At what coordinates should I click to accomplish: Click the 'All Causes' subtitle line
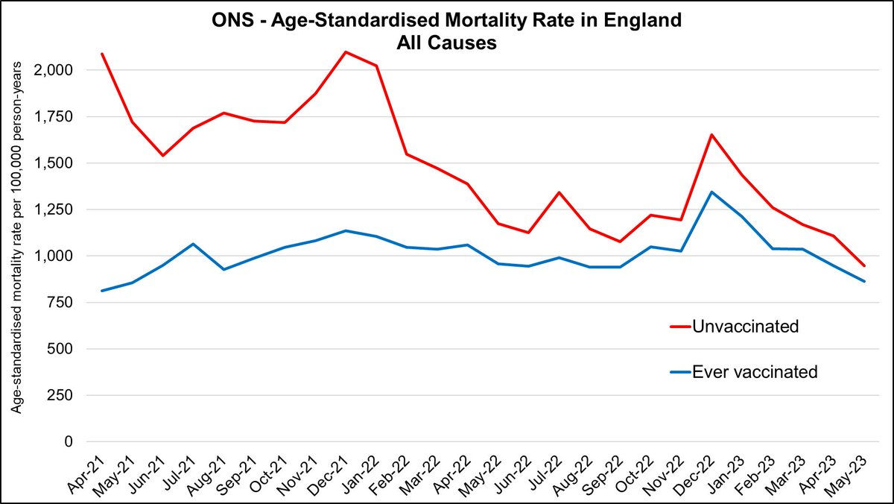447,43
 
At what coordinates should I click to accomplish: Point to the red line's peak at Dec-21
345,52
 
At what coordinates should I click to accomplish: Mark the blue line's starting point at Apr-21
101,291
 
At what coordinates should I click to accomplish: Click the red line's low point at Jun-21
162,155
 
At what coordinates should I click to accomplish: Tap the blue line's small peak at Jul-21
193,244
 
